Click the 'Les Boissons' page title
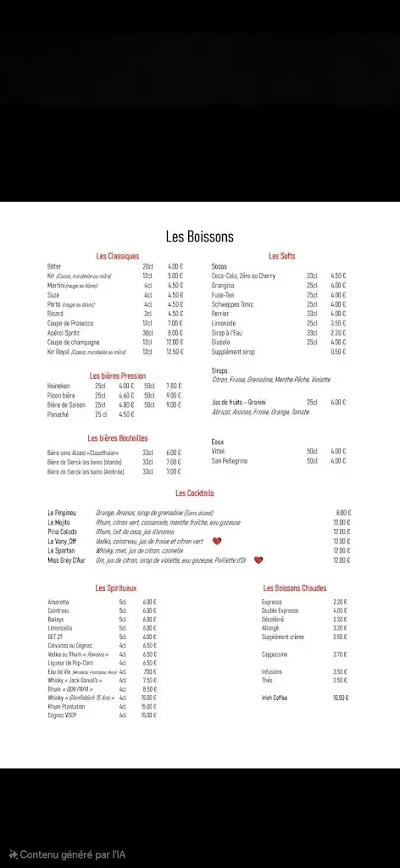[199, 236]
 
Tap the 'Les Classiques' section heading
[118, 256]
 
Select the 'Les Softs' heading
[281, 256]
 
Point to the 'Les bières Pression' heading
[118, 376]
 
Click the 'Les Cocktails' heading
[195, 493]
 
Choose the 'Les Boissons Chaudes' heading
[295, 588]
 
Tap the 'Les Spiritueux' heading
[116, 588]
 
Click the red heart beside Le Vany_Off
[216, 541]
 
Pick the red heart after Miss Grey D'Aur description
[258, 560]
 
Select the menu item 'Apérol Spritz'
[64, 332]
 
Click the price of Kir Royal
[174, 351]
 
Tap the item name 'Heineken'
[59, 386]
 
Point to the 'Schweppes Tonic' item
[232, 304]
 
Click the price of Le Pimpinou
[342, 513]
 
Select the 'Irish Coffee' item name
[276, 698]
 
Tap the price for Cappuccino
[340, 654]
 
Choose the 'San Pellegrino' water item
[230, 461]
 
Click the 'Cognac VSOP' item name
[64, 715]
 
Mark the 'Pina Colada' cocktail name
[63, 531]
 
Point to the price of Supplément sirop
[338, 351]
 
